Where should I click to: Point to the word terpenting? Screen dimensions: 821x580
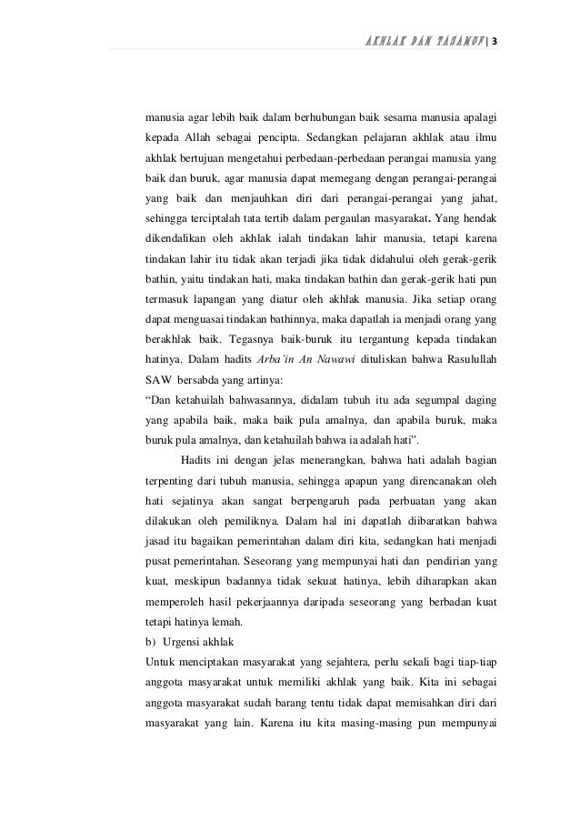click(x=173, y=480)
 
